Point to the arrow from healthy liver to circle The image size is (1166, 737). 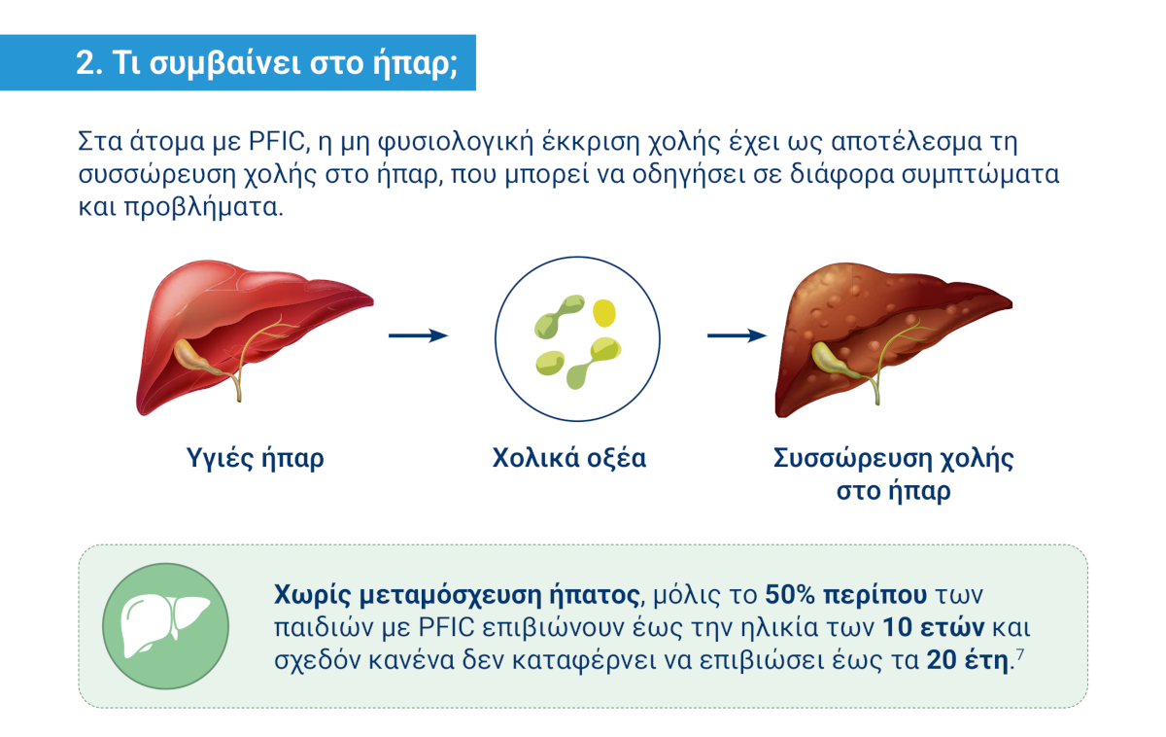click(419, 335)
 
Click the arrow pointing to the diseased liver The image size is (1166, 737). click(737, 335)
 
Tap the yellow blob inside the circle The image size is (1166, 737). click(604, 312)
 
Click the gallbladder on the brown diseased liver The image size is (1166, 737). click(834, 361)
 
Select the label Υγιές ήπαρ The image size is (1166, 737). click(255, 459)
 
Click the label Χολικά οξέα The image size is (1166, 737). click(569, 458)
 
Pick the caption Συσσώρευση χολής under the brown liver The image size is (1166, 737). click(893, 459)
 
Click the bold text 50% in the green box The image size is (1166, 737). click(790, 595)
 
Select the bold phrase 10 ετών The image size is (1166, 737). click(934, 628)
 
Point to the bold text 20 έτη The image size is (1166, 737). click(967, 660)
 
